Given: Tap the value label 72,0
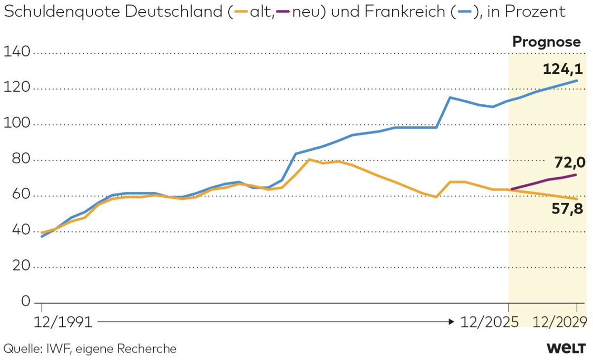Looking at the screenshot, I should pos(569,162).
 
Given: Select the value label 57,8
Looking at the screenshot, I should pos(567,210).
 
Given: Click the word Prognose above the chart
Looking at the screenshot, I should pos(546,43).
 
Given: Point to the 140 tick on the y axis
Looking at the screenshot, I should pos(16,52).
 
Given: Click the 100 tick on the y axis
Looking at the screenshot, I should pos(16,124).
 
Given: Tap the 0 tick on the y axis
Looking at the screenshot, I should pos(25,302).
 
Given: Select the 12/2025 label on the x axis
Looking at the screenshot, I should pos(489,322).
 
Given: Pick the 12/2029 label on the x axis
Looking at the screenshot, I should pos(560,322).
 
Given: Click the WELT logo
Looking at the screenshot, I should pos(567,348).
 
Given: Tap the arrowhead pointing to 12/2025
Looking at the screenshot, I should pos(451,322).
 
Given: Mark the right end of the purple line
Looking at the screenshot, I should pos(576,175).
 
